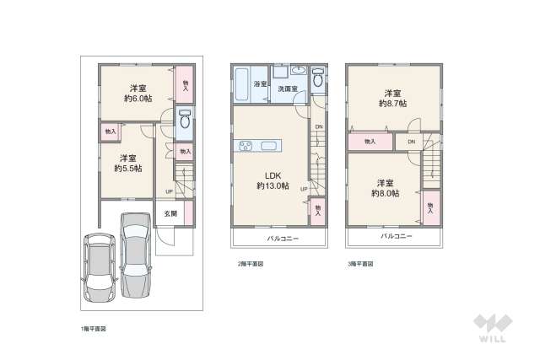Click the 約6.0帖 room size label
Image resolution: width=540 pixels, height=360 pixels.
[135, 99]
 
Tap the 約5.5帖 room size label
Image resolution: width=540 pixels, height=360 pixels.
[127, 168]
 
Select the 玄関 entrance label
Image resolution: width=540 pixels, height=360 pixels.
[170, 214]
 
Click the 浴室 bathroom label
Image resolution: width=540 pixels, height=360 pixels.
[261, 85]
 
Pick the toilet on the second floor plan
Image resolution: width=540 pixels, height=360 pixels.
[317, 78]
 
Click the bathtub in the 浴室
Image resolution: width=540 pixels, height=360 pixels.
[241, 83]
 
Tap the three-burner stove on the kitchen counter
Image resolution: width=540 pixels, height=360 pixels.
[245, 147]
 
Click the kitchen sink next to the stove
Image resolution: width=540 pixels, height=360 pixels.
[268, 147]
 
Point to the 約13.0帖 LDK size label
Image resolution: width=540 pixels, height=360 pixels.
[273, 185]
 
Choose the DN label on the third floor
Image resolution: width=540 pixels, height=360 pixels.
[411, 142]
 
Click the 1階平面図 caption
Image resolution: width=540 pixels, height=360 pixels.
[93, 327]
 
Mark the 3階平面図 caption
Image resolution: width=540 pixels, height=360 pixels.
[359, 264]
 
